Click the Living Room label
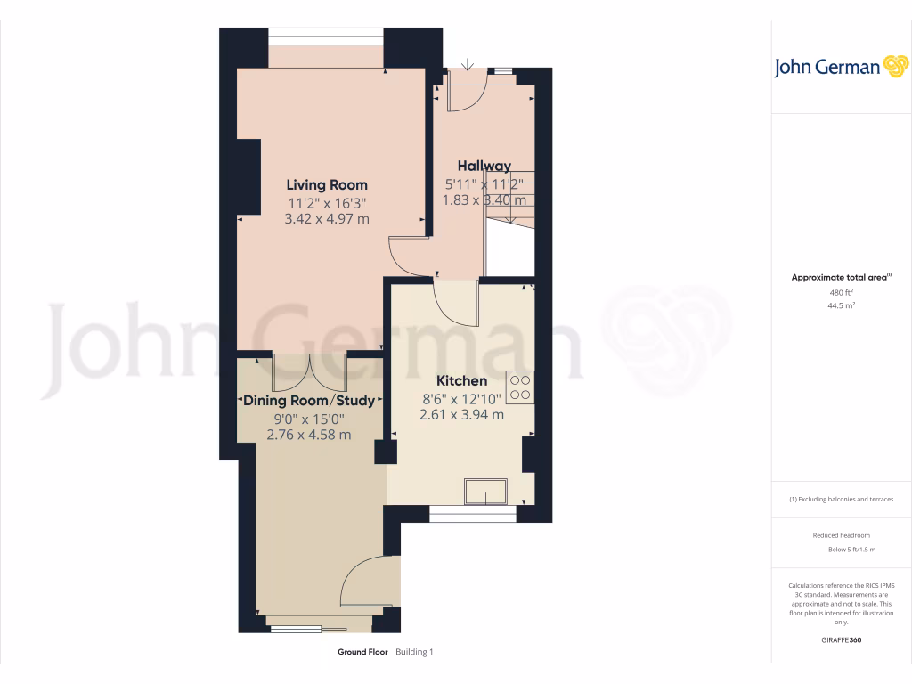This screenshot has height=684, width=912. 326,185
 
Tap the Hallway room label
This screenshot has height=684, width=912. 484,166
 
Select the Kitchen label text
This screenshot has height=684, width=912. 461,380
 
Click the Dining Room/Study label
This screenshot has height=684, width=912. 309,401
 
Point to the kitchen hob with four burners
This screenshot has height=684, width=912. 519,387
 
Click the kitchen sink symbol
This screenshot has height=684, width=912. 485,492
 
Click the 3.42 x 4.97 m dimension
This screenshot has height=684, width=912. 326,218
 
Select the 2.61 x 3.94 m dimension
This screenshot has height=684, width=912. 461,414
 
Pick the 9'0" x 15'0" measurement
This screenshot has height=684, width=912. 309,418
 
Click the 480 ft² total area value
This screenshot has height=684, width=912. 841,292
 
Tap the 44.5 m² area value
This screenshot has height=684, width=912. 841,305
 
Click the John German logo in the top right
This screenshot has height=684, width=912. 840,67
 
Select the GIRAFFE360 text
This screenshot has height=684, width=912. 841,640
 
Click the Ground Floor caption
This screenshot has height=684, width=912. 362,652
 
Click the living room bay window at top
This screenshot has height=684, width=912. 326,36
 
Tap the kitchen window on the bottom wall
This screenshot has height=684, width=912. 472,514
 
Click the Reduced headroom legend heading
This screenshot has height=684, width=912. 841,535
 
